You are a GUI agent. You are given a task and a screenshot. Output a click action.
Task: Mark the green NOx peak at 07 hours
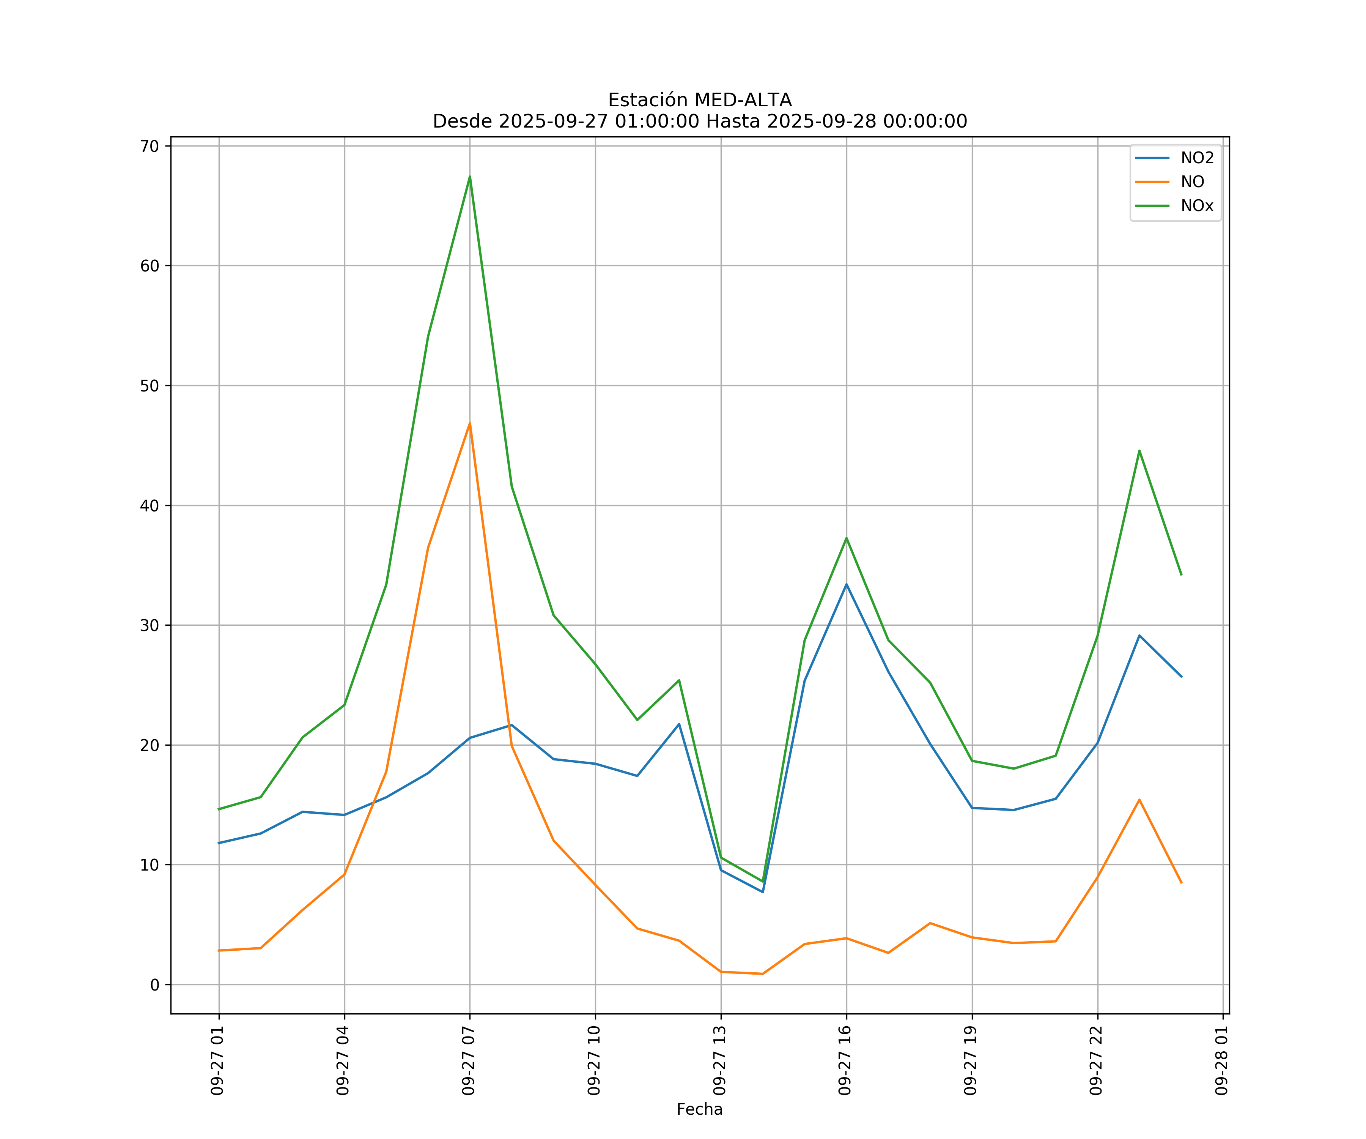pos(470,177)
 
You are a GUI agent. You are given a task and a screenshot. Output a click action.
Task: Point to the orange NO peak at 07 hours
pos(470,424)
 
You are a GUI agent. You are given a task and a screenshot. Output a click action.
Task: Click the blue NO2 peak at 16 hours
pos(846,584)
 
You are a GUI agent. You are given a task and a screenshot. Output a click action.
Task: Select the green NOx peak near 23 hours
pos(1139,450)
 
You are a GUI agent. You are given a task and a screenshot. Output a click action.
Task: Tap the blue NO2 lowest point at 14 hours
pos(762,892)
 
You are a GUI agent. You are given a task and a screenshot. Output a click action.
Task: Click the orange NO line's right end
pos(1181,883)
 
